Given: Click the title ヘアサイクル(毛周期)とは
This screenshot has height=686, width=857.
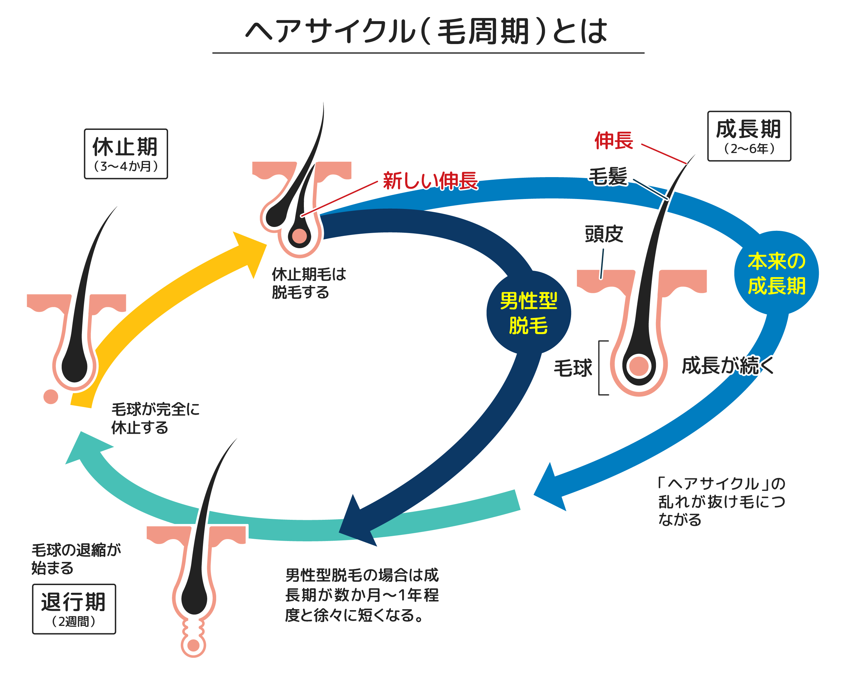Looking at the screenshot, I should tap(427, 31).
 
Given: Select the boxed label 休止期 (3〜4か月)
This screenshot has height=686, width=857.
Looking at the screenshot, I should tap(126, 154).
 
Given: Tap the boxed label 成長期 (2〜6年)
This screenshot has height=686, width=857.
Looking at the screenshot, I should tap(749, 136).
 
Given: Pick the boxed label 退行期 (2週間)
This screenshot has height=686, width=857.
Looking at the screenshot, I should tap(74, 609).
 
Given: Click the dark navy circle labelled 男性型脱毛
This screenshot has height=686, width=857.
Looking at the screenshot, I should tap(529, 312).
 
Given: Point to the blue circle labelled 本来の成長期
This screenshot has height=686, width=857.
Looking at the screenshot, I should tap(776, 273).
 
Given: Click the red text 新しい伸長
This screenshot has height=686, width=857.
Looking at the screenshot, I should tap(430, 181).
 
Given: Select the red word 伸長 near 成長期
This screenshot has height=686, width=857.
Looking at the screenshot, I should tap(614, 140).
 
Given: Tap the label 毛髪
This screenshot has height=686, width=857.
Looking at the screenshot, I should tap(608, 176).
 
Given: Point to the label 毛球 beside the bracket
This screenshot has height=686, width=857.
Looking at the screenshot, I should tap(573, 368).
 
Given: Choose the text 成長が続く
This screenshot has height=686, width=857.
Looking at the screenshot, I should tap(728, 366).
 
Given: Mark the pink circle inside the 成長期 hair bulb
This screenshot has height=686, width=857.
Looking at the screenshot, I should tap(639, 366).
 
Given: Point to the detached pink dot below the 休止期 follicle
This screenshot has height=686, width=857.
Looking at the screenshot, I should tap(51, 397).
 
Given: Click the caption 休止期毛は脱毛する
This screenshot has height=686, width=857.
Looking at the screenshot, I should tap(308, 283).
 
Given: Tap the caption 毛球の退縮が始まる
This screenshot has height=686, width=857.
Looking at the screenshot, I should tap(75, 559).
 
